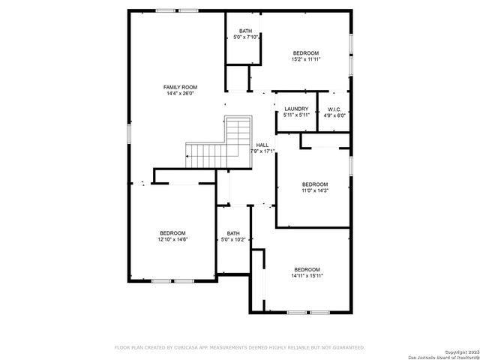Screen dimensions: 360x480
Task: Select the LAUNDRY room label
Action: [x=296, y=109]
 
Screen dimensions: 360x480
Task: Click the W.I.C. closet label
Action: [x=334, y=109]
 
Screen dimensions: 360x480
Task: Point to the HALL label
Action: [x=262, y=145]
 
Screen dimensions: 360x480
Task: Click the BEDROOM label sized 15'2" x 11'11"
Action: [x=306, y=52]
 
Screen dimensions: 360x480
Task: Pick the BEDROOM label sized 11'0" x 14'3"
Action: [x=315, y=184]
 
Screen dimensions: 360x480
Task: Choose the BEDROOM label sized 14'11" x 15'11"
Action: [x=307, y=269]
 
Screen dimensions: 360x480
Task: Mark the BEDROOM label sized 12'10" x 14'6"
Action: [x=172, y=233]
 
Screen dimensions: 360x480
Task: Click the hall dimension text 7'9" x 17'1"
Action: [x=262, y=151]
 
